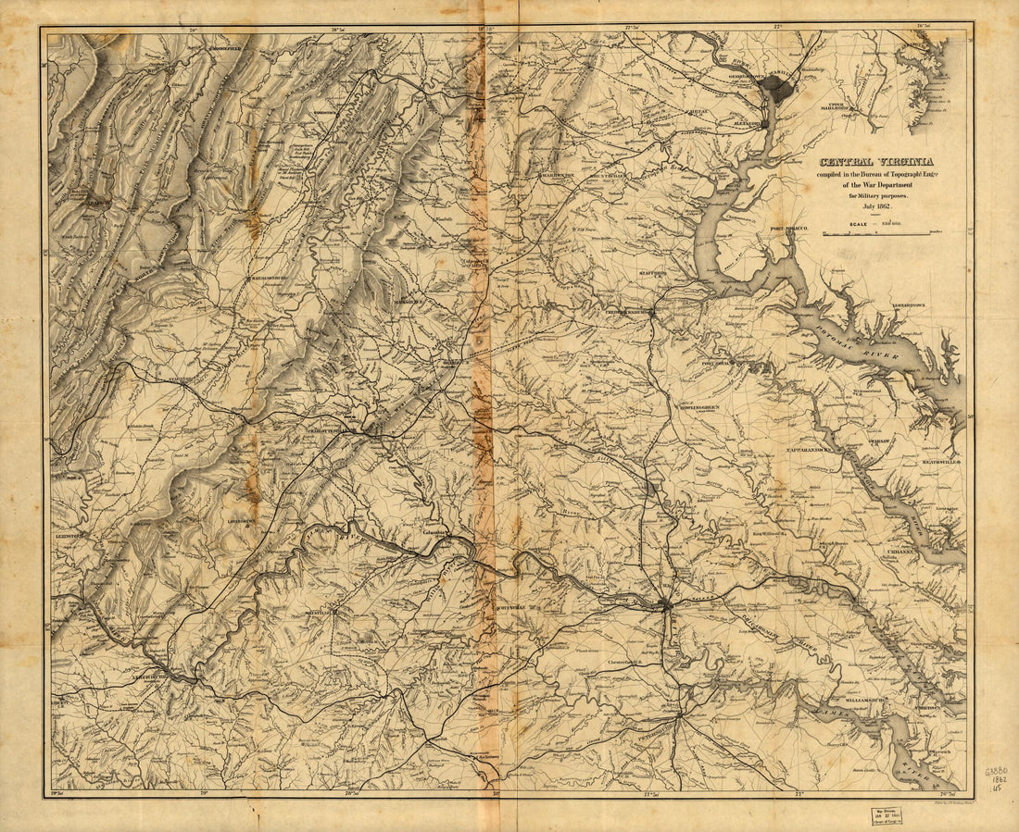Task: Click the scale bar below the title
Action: point(875,234)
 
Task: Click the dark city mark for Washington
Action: point(776,89)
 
